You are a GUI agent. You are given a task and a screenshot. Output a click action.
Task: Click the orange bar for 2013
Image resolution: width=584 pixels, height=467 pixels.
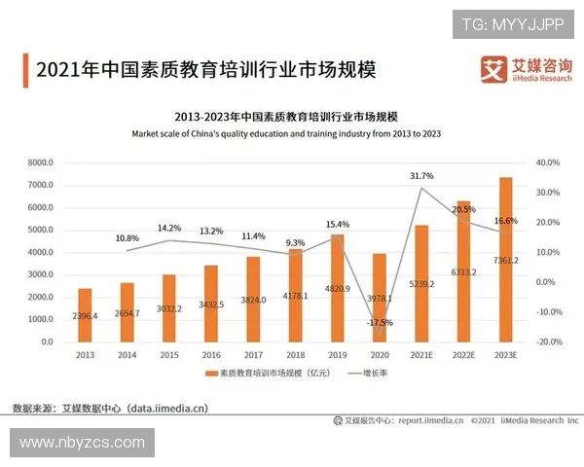click(85, 315)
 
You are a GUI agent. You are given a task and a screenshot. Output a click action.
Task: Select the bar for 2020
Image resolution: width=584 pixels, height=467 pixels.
click(380, 298)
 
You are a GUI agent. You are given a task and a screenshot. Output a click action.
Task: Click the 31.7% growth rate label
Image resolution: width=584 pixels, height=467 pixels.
click(421, 176)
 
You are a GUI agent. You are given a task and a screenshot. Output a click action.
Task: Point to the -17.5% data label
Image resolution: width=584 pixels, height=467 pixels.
click(380, 322)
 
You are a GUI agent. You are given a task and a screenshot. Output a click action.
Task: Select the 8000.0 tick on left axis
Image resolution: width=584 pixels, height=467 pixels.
click(38, 162)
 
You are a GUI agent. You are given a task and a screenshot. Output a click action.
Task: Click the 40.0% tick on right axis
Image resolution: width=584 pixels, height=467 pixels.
click(549, 162)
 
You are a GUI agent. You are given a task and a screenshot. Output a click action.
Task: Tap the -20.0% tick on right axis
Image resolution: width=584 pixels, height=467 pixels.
click(549, 342)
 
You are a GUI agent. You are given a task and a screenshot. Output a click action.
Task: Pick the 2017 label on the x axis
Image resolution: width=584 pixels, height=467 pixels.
click(253, 356)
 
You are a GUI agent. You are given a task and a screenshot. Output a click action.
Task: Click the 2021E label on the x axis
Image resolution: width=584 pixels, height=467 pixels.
click(421, 356)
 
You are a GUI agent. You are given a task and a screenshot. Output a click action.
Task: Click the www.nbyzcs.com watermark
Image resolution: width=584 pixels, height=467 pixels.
click(82, 443)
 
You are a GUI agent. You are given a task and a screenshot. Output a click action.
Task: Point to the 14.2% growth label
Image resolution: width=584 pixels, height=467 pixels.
click(169, 229)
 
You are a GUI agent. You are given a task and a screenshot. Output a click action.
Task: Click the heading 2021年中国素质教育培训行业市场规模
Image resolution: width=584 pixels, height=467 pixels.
click(204, 70)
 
